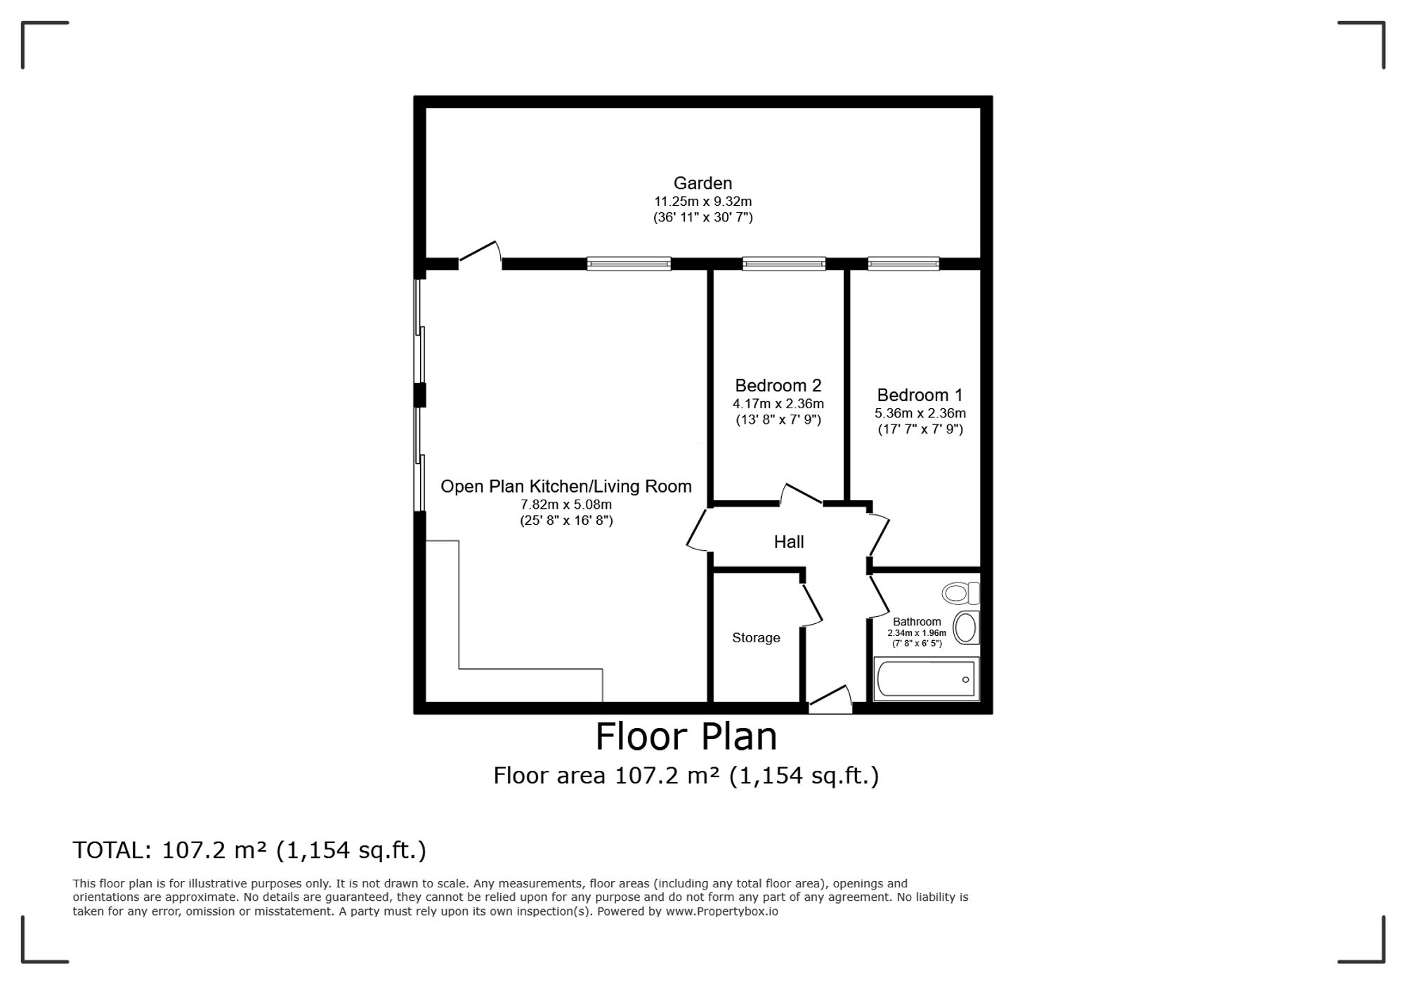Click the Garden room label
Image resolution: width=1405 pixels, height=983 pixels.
[x=702, y=183]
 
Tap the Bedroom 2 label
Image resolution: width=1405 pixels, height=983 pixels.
[x=778, y=386]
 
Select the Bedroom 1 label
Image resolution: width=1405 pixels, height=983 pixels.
[x=920, y=395]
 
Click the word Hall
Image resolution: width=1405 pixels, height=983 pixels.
[x=789, y=542]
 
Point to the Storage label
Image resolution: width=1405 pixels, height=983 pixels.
[x=756, y=638]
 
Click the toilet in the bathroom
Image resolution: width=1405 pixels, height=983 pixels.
[x=960, y=593]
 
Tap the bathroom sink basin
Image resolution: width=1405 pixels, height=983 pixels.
[x=966, y=627]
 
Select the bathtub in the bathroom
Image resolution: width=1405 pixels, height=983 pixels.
[x=926, y=679]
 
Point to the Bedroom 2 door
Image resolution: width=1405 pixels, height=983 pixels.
[x=801, y=493]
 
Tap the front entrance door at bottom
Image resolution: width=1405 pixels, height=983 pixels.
[x=830, y=699]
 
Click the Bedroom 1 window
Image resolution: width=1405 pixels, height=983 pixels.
[x=903, y=264]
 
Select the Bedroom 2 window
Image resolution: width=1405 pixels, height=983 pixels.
[x=784, y=264]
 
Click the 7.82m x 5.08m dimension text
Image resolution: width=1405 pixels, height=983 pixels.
[x=566, y=504]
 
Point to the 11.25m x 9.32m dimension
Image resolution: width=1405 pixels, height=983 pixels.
[x=702, y=202]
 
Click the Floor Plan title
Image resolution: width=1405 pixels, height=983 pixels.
[x=686, y=736]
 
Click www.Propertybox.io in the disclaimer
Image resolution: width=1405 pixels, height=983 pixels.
[x=721, y=911]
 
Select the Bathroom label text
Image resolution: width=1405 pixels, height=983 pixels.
[x=917, y=622]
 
